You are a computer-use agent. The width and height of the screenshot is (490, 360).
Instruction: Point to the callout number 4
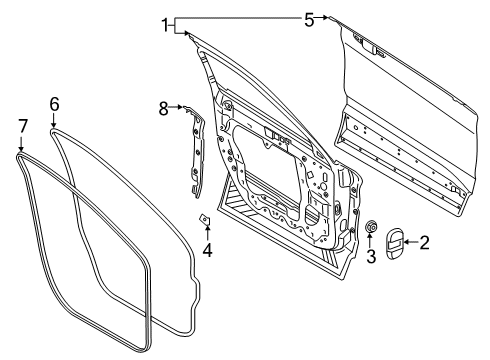point(207,250)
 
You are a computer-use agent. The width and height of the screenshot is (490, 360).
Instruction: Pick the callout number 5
point(310,17)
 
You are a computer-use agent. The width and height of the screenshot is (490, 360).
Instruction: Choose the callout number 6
point(55,102)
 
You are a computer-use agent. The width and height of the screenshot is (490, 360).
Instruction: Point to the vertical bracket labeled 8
point(194,150)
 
